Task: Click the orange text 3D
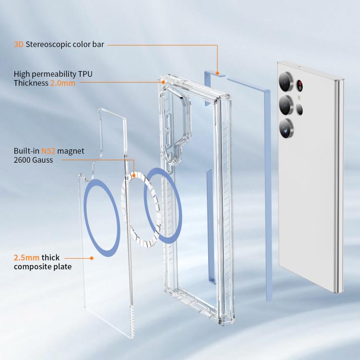19,44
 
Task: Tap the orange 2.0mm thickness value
63,83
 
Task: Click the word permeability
54,74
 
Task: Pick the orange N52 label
48,151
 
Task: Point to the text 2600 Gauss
33,160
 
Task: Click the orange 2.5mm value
26,258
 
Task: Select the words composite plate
43,267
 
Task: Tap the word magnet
71,151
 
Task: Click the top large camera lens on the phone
286,82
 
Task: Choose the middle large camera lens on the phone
286,105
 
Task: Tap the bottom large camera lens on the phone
286,128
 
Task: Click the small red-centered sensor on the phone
300,85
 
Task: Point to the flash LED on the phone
299,98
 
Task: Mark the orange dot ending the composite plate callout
92,258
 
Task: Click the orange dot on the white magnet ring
133,176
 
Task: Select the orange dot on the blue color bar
217,73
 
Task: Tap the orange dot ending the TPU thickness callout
163,82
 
